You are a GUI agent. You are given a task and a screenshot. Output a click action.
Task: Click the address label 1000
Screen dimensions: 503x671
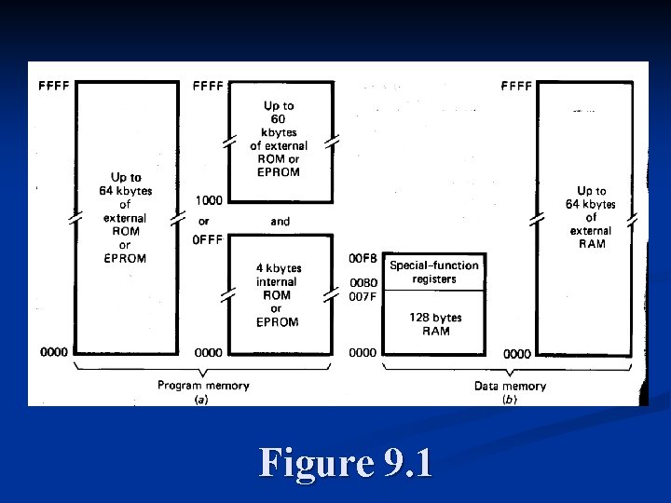[209, 200]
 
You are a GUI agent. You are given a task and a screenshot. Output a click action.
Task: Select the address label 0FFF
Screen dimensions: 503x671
[209, 239]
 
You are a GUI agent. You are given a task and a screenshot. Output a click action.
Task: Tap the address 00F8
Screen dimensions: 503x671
[363, 258]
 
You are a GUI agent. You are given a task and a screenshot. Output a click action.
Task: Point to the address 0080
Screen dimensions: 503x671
[363, 283]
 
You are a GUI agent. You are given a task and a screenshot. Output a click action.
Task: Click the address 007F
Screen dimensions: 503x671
[363, 297]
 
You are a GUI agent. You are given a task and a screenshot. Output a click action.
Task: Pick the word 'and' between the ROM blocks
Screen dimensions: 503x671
[280, 222]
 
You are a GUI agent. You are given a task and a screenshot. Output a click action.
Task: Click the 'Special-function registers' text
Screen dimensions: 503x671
[434, 272]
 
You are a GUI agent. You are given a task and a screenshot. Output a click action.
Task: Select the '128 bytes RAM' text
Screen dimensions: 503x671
[434, 324]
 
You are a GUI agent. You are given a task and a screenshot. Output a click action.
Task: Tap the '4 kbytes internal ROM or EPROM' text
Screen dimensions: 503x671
[278, 295]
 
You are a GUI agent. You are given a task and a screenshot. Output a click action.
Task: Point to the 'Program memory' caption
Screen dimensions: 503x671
[202, 386]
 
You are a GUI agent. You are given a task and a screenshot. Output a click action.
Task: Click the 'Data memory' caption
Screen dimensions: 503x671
[511, 386]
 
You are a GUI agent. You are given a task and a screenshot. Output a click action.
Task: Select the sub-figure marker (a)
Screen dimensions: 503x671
[200, 399]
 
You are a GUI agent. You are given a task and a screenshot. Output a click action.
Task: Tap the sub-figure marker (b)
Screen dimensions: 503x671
[510, 399]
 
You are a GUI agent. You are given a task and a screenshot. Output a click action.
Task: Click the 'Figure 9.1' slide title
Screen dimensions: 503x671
[346, 462]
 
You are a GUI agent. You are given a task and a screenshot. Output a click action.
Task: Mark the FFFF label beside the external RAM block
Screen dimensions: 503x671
[516, 86]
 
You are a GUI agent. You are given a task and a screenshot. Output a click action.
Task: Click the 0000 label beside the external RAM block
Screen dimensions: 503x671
[517, 354]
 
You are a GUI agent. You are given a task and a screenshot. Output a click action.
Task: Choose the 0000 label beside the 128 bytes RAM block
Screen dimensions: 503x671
[363, 353]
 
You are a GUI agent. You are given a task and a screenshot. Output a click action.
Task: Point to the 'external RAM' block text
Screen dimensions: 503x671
[591, 217]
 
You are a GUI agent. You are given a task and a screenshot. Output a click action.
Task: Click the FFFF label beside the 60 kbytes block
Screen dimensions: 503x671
[208, 86]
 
